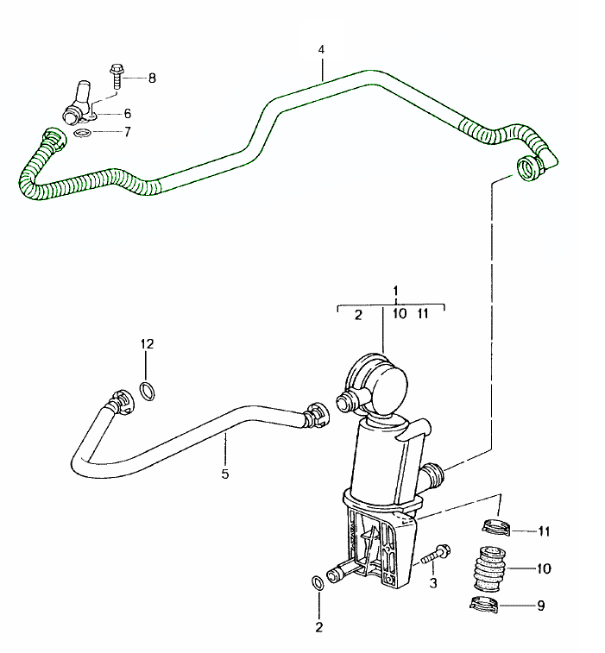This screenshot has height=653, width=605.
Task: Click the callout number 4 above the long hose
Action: coord(321,50)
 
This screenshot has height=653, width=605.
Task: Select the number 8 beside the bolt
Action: coord(152,78)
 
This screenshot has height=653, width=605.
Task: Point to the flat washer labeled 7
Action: coord(82,133)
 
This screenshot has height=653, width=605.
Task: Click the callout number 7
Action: coord(127,132)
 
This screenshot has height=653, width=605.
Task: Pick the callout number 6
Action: coord(127,113)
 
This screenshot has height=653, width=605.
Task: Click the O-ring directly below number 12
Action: coord(148,392)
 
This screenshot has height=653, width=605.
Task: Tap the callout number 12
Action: coord(148,344)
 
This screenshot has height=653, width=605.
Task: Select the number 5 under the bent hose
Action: coord(225,474)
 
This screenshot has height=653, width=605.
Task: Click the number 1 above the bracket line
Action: coord(395,291)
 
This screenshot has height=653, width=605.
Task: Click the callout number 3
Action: coord(433,582)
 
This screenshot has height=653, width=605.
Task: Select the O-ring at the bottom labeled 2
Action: coord(318,584)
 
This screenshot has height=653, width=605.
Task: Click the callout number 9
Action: coord(541,606)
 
